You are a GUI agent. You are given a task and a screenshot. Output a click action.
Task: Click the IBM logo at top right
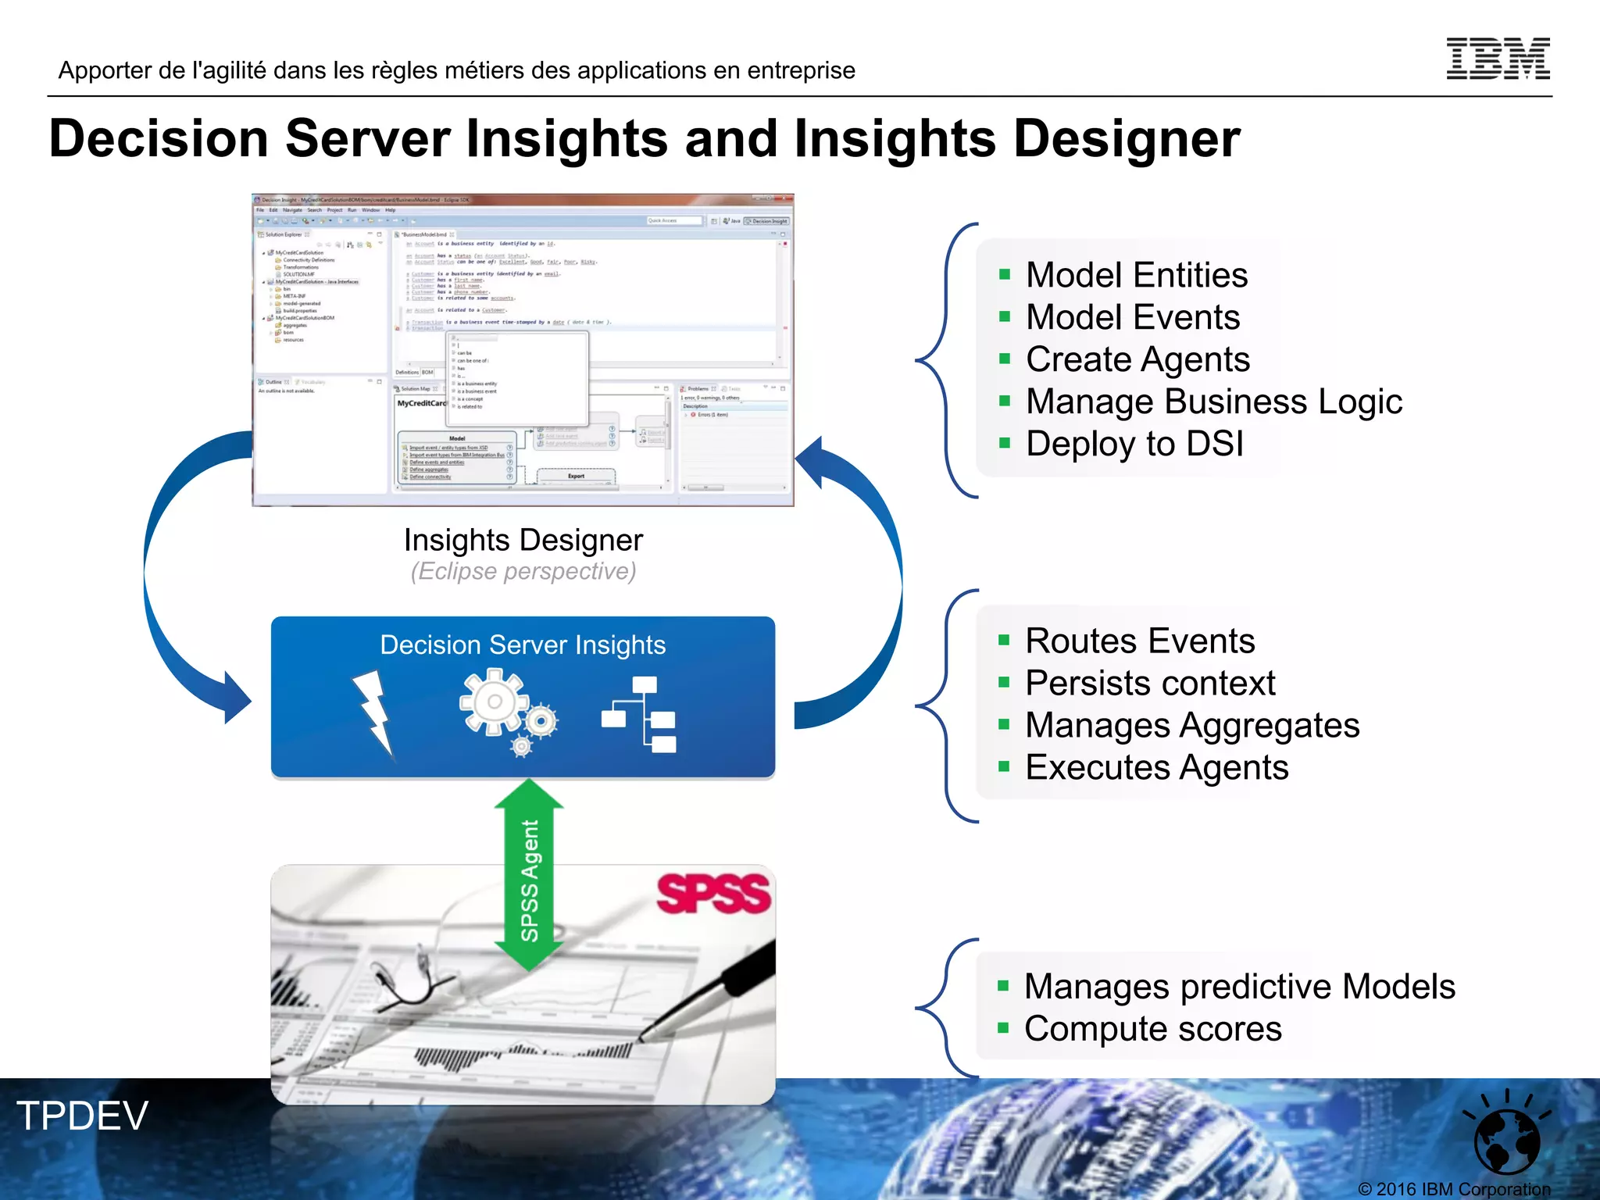tap(1498, 59)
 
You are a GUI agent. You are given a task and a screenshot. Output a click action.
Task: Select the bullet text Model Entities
tap(1136, 275)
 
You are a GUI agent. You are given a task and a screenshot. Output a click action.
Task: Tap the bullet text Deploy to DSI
tap(1134, 444)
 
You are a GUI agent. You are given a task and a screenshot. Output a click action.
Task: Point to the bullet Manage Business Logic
tap(1213, 402)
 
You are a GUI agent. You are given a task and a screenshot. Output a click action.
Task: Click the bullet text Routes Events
tap(1139, 641)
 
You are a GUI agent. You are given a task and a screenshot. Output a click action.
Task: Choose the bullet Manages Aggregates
tap(1191, 725)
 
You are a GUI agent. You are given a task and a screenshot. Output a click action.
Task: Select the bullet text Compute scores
tap(1152, 1029)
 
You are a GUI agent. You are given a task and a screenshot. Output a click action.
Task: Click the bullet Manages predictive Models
tap(1239, 987)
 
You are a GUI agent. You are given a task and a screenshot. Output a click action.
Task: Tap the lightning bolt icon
tap(373, 711)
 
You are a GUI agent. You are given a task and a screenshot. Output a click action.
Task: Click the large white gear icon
tap(494, 702)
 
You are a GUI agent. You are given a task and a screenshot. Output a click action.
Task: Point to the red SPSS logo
tap(713, 893)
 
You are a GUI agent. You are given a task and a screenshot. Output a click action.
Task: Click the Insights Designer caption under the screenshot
tap(523, 540)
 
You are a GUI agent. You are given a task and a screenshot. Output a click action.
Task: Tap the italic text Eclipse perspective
tap(523, 572)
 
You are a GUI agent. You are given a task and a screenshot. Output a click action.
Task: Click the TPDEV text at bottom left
tap(82, 1116)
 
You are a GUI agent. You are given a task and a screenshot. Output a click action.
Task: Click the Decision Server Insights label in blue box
tap(523, 645)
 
